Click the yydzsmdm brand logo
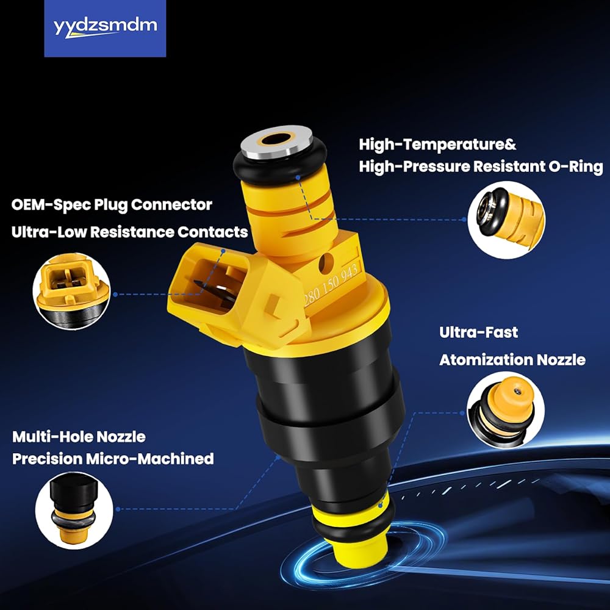pos(105,29)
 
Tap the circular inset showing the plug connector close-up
pos(71,291)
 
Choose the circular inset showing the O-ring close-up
pos(506,220)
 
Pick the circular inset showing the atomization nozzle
pos(505,411)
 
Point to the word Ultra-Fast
pos(478,332)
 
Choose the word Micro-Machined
pos(150,459)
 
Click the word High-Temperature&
pos(437,145)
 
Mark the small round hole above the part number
pos(326,263)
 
